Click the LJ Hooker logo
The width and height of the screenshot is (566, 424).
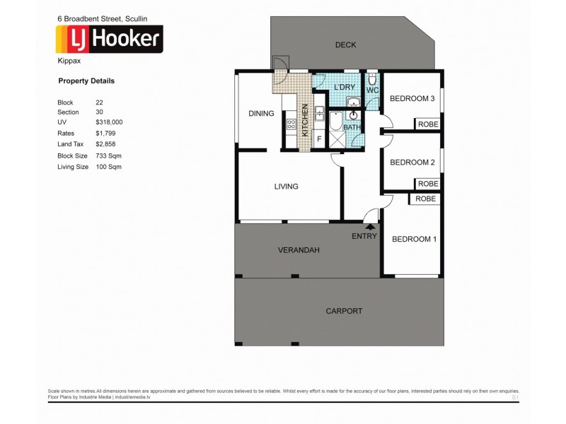click(110, 40)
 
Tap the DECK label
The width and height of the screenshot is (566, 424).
click(345, 45)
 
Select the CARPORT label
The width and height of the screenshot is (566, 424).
click(344, 311)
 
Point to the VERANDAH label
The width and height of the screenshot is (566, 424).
click(298, 250)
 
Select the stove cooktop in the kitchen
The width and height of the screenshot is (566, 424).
click(289, 125)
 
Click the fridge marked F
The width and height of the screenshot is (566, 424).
click(318, 139)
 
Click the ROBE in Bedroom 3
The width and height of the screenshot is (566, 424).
click(428, 124)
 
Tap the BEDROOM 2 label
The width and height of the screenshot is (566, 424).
click(412, 163)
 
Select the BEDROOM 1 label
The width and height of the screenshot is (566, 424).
click(414, 239)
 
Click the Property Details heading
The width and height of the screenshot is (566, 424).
click(86, 81)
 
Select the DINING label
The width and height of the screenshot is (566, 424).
click(261, 113)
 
